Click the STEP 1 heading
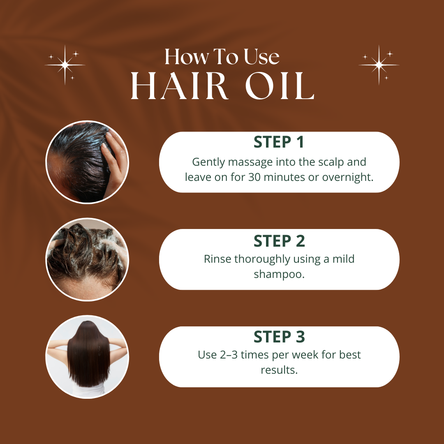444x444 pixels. click(279, 142)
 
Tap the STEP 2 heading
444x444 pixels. click(279, 240)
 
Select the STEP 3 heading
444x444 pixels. click(279, 337)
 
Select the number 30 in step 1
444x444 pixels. click(254, 177)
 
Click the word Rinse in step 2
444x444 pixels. click(217, 259)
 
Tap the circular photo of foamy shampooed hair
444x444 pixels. click(87, 259)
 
